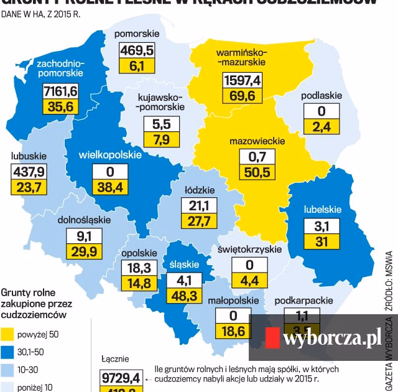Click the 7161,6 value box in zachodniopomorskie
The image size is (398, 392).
pos(60,91)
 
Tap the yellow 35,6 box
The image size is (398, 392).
pos(60,107)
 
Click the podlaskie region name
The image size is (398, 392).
pos(322,96)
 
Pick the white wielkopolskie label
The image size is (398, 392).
pos(110,155)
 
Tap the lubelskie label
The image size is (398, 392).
pos(322,209)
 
